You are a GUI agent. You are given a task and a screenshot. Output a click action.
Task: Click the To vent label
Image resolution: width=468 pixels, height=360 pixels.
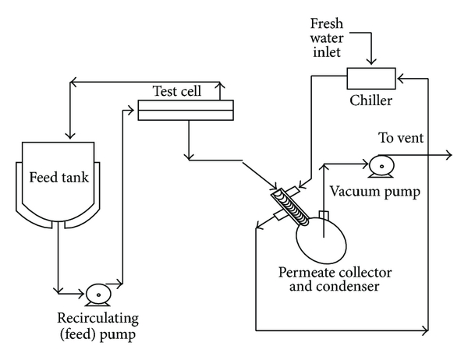pyautogui.click(x=402, y=139)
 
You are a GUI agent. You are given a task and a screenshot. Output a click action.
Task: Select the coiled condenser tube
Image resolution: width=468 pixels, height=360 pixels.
pyautogui.click(x=289, y=204)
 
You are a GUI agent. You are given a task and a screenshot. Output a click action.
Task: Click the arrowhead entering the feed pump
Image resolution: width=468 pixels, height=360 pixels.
pyautogui.click(x=82, y=294)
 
